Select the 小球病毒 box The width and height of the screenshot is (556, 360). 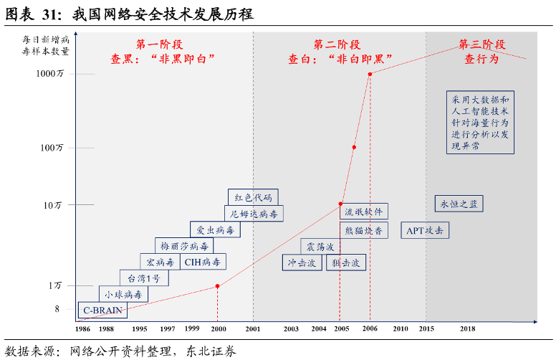(x=123, y=294)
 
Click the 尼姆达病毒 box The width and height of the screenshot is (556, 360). (x=253, y=214)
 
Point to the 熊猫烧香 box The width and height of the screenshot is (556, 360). (x=364, y=230)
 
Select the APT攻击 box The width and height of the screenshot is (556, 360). (x=425, y=230)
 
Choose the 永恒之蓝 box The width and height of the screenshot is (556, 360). (x=459, y=204)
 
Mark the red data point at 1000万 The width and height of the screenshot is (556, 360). (x=370, y=74)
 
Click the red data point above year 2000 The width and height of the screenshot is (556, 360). (x=218, y=287)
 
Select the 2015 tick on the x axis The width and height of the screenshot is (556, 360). (x=426, y=328)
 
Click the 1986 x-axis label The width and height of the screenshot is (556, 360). (x=83, y=328)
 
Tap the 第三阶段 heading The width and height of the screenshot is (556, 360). (x=481, y=45)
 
